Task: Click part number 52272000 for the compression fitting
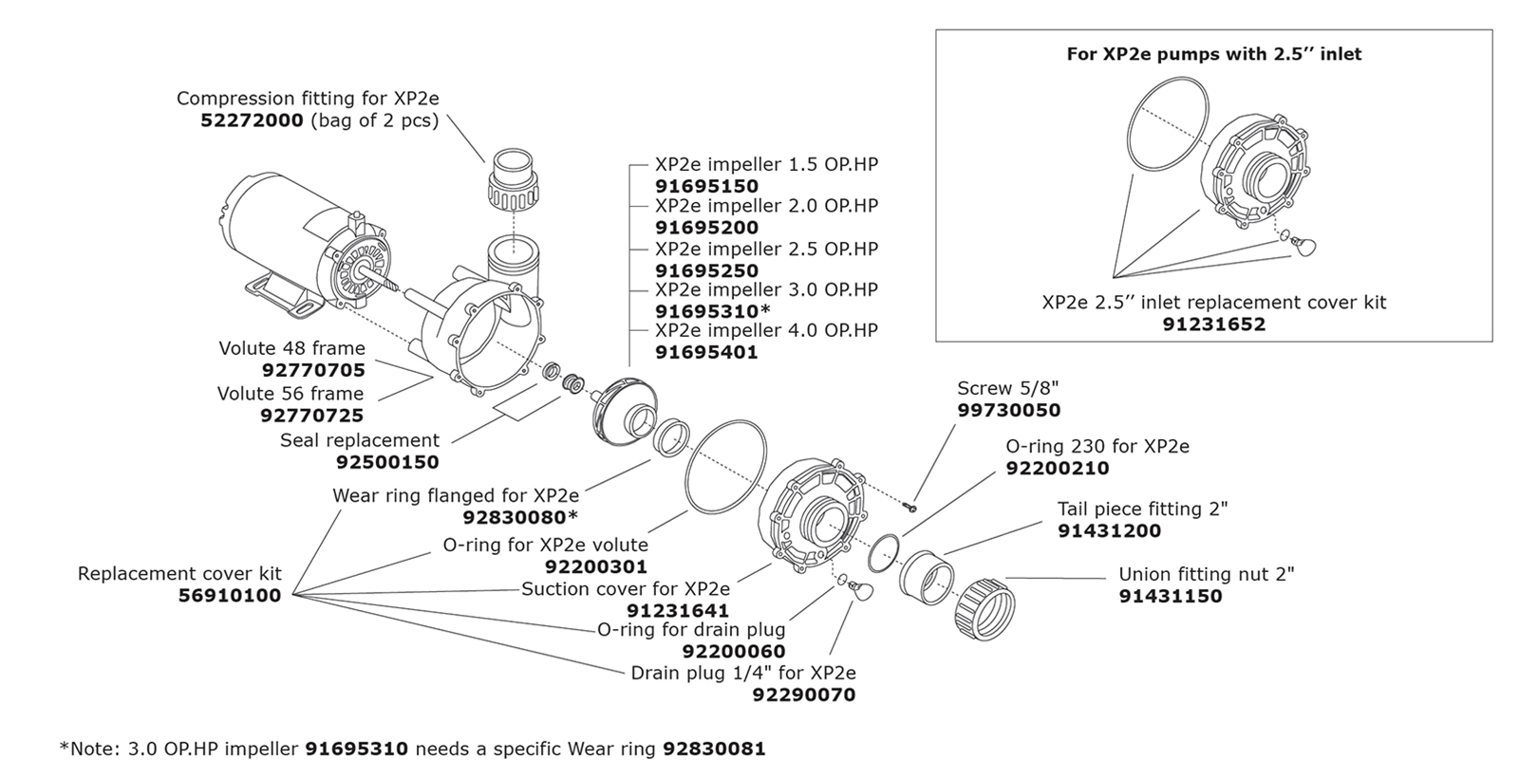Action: tap(252, 120)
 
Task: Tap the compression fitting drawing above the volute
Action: tap(514, 185)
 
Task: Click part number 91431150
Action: tap(1170, 596)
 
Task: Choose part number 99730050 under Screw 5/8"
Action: tap(1008, 411)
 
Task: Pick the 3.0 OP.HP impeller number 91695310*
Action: tap(712, 311)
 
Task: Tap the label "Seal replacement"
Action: tap(360, 440)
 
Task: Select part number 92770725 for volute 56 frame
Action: tap(311, 416)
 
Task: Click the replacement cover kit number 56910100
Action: tap(230, 596)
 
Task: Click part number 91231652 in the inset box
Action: tap(1213, 324)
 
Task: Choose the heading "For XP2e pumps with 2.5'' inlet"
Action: tap(1213, 54)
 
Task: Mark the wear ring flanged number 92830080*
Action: tap(520, 517)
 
